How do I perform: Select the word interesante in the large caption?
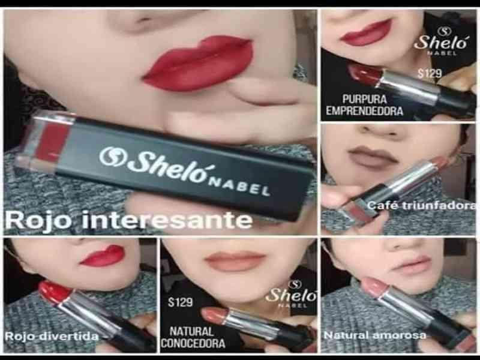click(x=167, y=220)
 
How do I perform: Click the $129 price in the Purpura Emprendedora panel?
click(x=430, y=73)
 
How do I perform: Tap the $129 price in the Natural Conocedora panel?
click(x=181, y=302)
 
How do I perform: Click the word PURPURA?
click(x=365, y=99)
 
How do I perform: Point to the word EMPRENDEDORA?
click(x=364, y=111)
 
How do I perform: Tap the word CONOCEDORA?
click(x=193, y=343)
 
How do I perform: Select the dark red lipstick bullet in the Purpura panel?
click(x=364, y=73)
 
